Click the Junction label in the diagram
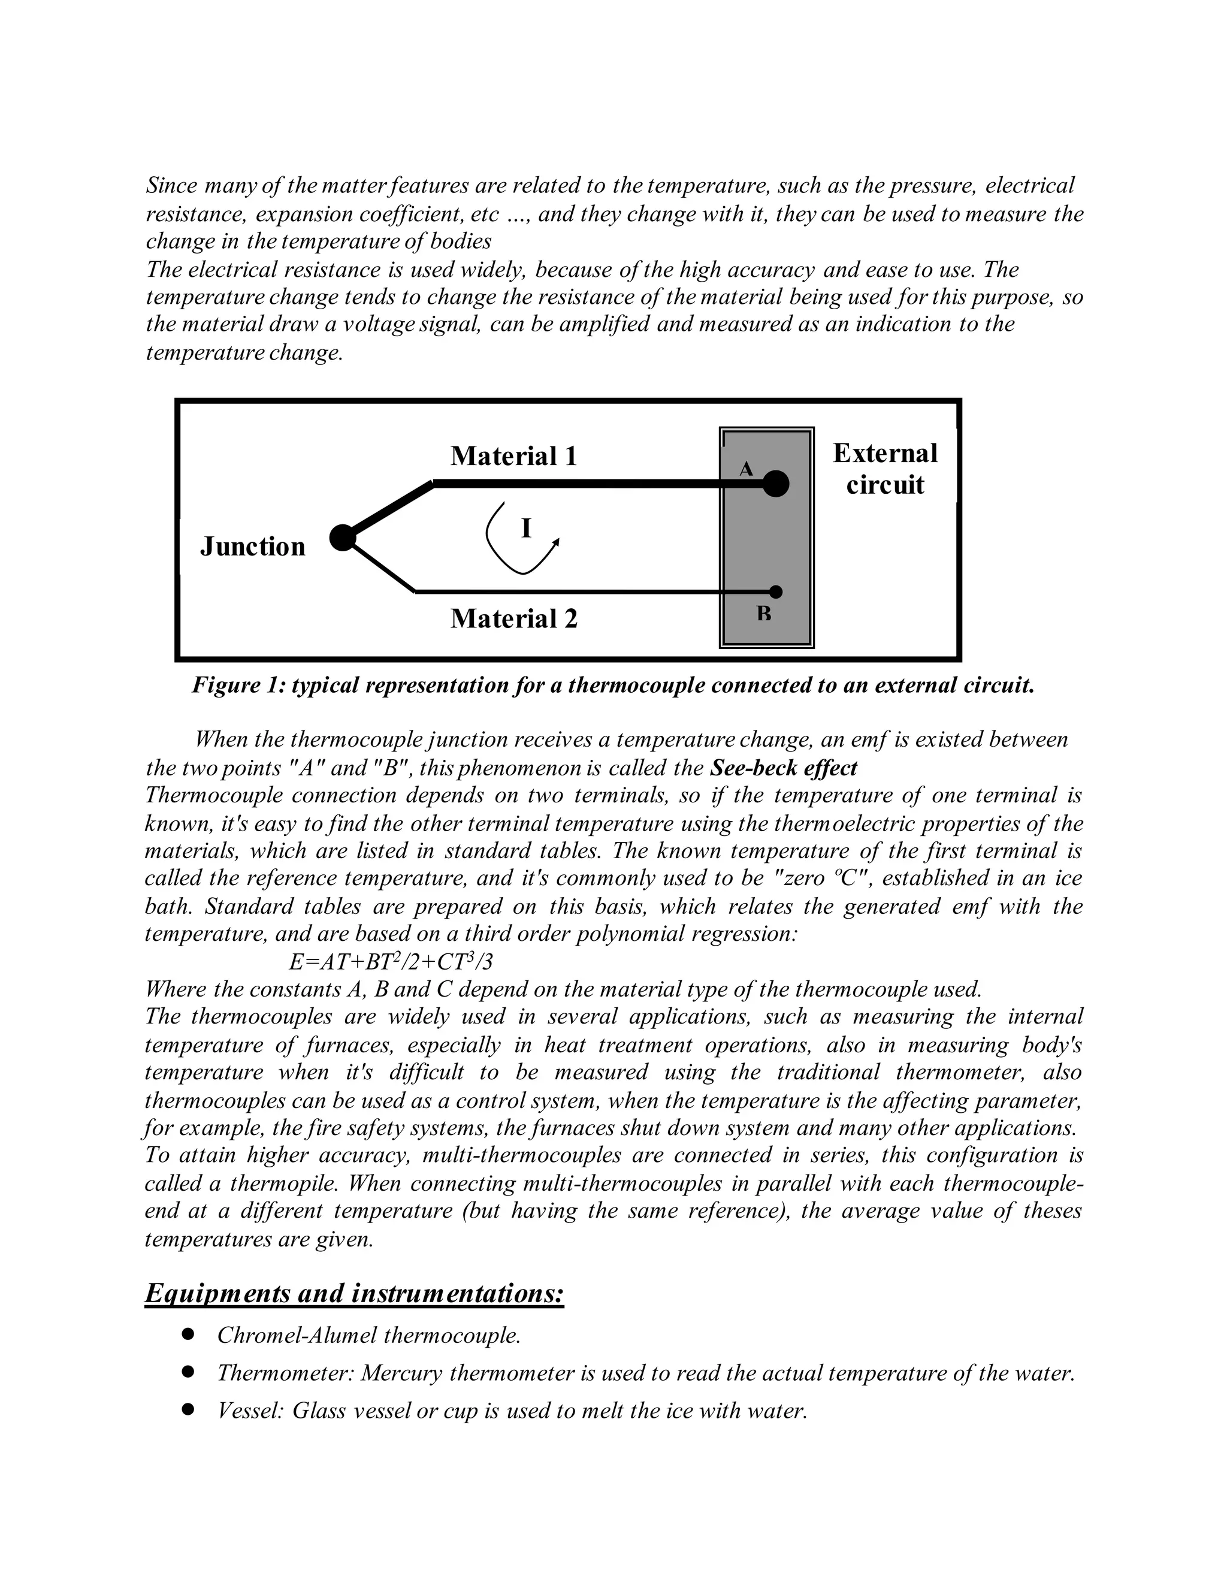click(x=252, y=546)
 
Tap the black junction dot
click(x=342, y=538)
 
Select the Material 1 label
click(x=513, y=456)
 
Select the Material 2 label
click(x=513, y=619)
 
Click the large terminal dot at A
click(x=776, y=484)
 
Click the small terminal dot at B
click(x=776, y=592)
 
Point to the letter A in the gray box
click(x=746, y=470)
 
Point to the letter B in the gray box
click(x=763, y=614)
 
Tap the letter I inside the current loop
click(x=526, y=529)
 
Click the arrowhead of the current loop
click(x=556, y=542)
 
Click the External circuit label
click(x=885, y=469)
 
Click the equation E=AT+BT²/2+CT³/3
click(x=391, y=962)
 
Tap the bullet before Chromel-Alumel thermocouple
click(x=188, y=1335)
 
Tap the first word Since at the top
click(x=171, y=185)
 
